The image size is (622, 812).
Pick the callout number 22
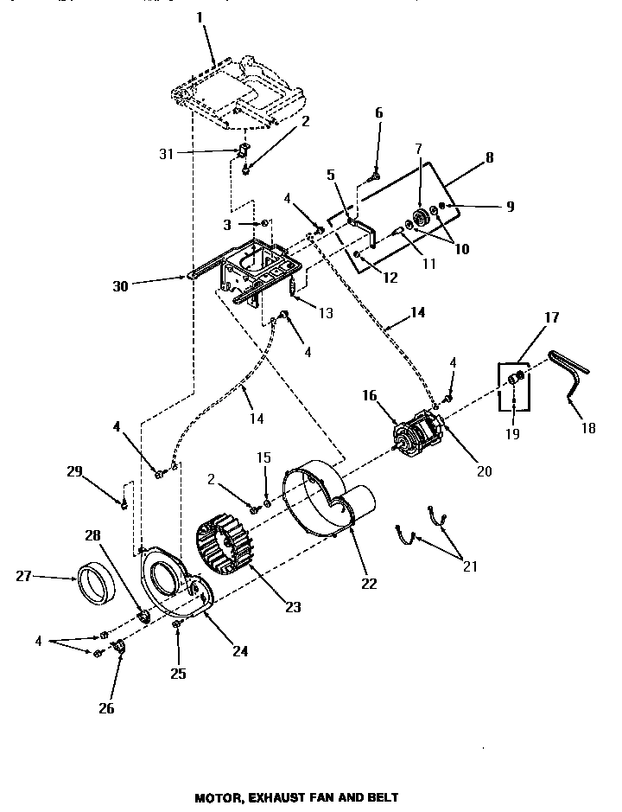[369, 583]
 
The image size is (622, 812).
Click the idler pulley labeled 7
[419, 220]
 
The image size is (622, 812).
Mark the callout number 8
[491, 158]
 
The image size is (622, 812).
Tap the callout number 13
[326, 313]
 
